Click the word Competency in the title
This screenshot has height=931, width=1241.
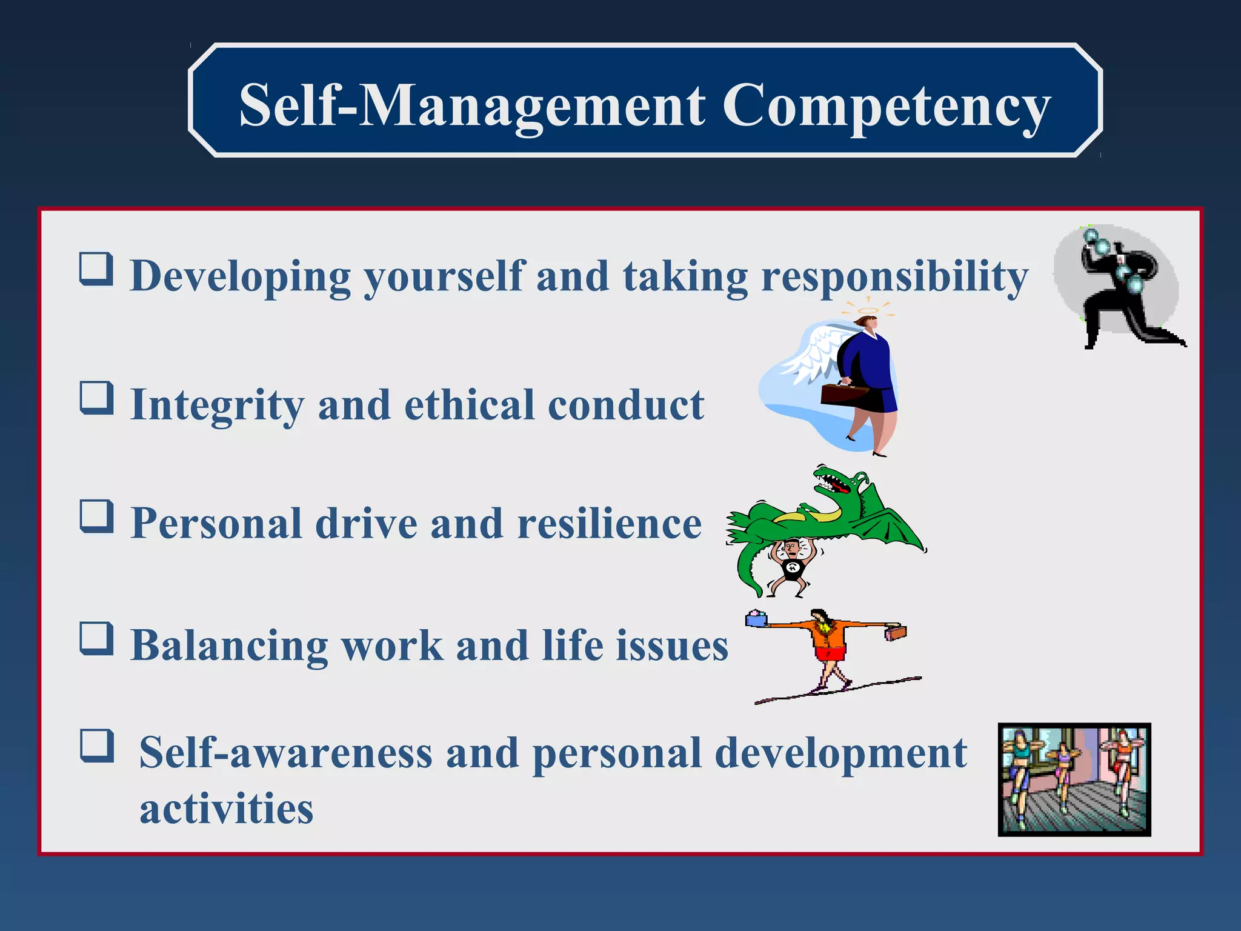pyautogui.click(x=886, y=106)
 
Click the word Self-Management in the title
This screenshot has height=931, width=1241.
pyautogui.click(x=472, y=106)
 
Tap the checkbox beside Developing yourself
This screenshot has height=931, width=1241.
pyautogui.click(x=96, y=269)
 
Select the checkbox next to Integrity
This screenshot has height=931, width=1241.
pyautogui.click(x=96, y=398)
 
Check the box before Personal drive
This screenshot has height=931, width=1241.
pyautogui.click(x=96, y=516)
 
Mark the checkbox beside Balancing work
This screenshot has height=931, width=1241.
pyautogui.click(x=96, y=639)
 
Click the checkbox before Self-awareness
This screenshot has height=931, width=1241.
pyautogui.click(x=96, y=746)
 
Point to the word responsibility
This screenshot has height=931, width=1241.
pyautogui.click(x=894, y=276)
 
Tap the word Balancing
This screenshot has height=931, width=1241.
pyautogui.click(x=229, y=646)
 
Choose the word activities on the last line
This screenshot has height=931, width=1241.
pyautogui.click(x=226, y=809)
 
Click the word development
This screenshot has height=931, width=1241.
pyautogui.click(x=840, y=753)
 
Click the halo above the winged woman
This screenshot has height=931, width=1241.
pyautogui.click(x=868, y=311)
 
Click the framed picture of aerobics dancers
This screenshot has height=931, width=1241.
pyautogui.click(x=1074, y=779)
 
